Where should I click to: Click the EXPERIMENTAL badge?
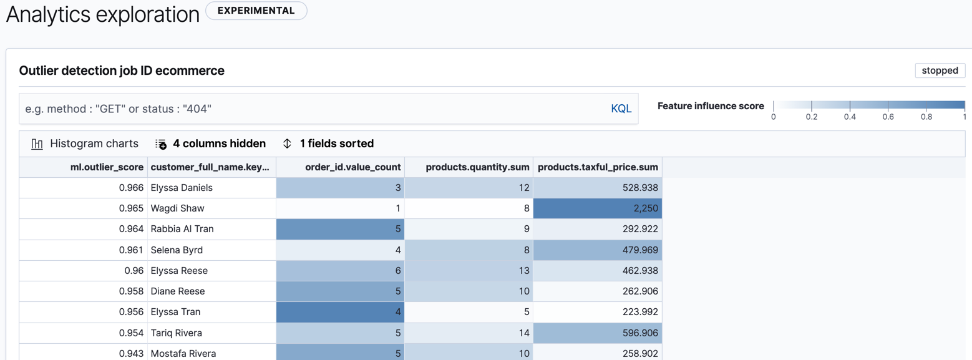pyautogui.click(x=256, y=11)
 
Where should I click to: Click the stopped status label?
pyautogui.click(x=940, y=71)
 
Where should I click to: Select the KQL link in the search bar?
pyautogui.click(x=621, y=109)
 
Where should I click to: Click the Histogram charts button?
pyautogui.click(x=85, y=144)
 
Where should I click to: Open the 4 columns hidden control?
pyautogui.click(x=211, y=144)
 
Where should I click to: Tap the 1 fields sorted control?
pyautogui.click(x=328, y=144)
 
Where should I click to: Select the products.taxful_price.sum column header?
pyautogui.click(x=598, y=167)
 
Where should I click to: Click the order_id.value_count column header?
pyautogui.click(x=352, y=167)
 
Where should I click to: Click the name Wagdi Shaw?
pyautogui.click(x=177, y=208)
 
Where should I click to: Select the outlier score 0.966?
pyautogui.click(x=132, y=188)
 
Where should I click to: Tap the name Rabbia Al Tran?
pyautogui.click(x=182, y=229)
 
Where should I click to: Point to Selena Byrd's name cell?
pyautogui.click(x=177, y=250)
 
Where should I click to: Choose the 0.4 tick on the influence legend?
pyautogui.click(x=850, y=116)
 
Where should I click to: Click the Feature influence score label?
pyautogui.click(x=711, y=106)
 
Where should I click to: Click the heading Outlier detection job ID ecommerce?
pyautogui.click(x=122, y=71)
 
